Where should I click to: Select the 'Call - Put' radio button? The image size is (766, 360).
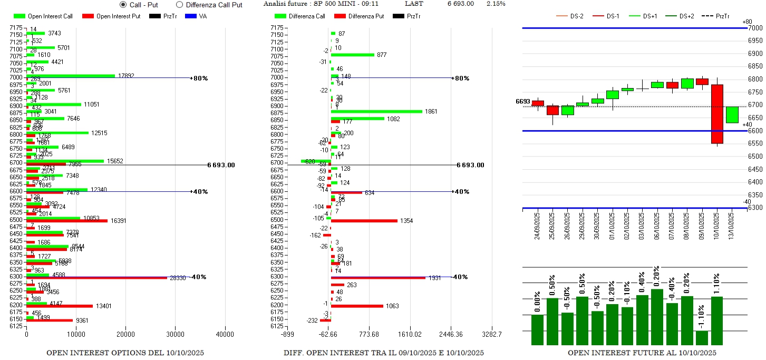coord(123,5)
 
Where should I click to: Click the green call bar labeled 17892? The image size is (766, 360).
coord(71,76)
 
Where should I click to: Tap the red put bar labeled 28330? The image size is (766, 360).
coord(97,278)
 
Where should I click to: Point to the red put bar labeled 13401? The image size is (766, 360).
coord(60,306)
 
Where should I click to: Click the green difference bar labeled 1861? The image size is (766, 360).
coord(376,112)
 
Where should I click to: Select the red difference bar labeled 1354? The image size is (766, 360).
coord(364,221)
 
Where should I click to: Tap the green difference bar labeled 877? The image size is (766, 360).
coord(352,55)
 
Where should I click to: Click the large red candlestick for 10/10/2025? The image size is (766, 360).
coord(717,114)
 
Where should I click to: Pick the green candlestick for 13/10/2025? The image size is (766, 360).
coord(732,115)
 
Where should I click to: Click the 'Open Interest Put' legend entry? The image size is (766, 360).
coord(111,16)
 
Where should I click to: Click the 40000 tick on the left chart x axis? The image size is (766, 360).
coord(225,334)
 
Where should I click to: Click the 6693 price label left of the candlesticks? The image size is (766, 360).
coord(522,101)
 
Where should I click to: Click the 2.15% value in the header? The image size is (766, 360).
coord(496,4)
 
